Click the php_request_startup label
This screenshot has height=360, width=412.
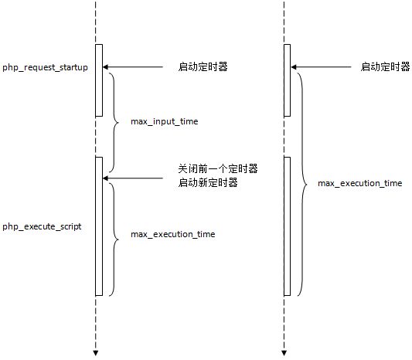[x=45, y=68]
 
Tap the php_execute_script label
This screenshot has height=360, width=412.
[x=43, y=227]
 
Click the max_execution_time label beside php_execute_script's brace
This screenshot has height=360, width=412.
[x=173, y=234]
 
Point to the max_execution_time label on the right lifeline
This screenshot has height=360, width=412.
[x=360, y=184]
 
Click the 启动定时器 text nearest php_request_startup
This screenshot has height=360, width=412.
[x=203, y=68]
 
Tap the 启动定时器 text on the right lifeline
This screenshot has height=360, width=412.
[x=385, y=67]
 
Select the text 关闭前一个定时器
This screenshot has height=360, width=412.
[x=218, y=168]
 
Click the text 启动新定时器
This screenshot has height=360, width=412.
[x=207, y=183]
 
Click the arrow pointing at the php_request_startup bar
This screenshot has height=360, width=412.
[x=133, y=68]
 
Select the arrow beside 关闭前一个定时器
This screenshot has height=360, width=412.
[x=133, y=178]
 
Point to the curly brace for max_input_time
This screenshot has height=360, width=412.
[x=114, y=123]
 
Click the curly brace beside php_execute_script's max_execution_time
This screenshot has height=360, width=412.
[x=114, y=239]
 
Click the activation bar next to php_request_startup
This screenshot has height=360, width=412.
[x=99, y=80]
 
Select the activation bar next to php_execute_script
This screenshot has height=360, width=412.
[x=99, y=226]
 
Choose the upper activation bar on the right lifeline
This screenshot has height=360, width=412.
[x=287, y=80]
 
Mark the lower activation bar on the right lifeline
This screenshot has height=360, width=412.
[x=287, y=226]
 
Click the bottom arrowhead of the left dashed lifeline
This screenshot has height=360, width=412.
[x=96, y=352]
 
